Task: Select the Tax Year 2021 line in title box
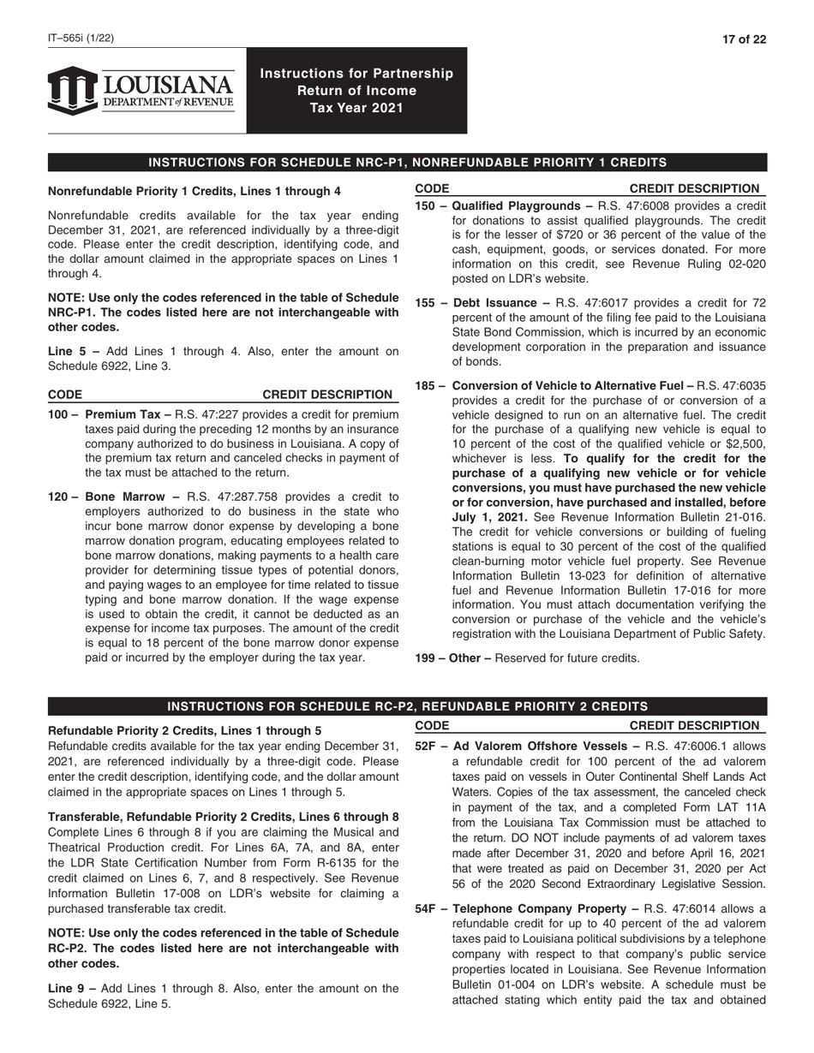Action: click(x=356, y=108)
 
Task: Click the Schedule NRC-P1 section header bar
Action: click(x=407, y=163)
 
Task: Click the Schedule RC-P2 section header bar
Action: click(x=407, y=706)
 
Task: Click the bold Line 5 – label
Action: click(x=71, y=350)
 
